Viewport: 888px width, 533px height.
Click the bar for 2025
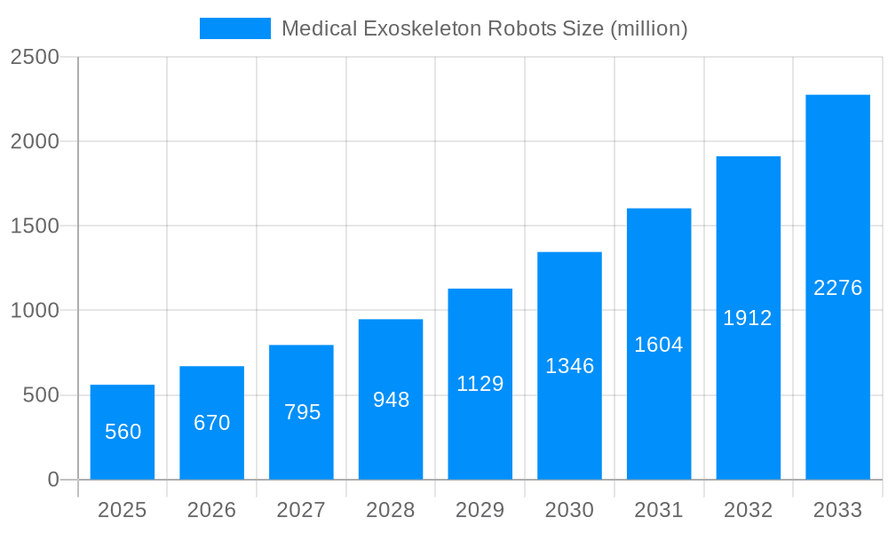point(123,433)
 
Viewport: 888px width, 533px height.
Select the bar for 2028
point(391,400)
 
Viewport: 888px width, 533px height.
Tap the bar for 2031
point(659,345)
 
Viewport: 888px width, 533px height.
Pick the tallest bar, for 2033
point(837,287)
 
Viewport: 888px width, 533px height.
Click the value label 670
point(212,423)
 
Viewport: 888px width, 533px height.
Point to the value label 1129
point(480,384)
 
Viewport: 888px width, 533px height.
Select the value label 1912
point(748,318)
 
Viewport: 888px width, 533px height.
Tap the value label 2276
point(837,288)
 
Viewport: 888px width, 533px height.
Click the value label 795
point(302,412)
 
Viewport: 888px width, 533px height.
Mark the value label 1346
point(569,366)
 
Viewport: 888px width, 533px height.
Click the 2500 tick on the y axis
point(35,57)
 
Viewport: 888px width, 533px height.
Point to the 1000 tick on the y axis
point(35,311)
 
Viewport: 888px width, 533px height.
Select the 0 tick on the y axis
point(52,480)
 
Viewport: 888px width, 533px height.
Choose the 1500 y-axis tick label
point(35,227)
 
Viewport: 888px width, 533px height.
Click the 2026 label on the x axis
point(212,510)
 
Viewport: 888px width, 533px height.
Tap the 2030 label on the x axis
point(569,510)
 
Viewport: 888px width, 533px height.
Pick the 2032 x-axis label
point(748,510)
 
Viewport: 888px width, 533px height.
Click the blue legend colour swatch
point(235,28)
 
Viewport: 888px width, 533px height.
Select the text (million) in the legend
point(648,28)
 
